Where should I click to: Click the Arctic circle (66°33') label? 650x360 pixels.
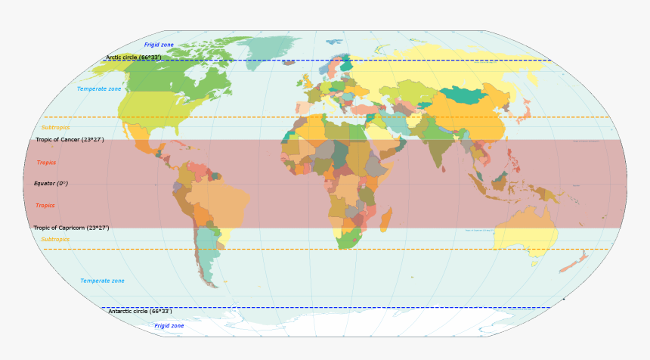(133, 57)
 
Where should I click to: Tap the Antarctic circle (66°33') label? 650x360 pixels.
(140, 312)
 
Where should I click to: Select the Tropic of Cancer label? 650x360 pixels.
(70, 140)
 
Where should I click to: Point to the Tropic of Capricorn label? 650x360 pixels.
(71, 228)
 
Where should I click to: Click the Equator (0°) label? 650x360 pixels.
(51, 184)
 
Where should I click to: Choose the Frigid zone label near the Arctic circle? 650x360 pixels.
(159, 45)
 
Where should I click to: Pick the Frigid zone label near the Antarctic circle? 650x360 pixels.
(169, 326)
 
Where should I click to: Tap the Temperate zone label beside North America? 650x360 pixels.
(99, 89)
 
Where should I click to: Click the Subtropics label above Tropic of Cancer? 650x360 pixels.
(55, 128)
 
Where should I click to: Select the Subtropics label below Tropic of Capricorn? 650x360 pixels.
(55, 240)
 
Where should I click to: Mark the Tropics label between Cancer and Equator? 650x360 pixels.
(46, 163)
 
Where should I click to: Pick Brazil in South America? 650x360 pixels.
(219, 200)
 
